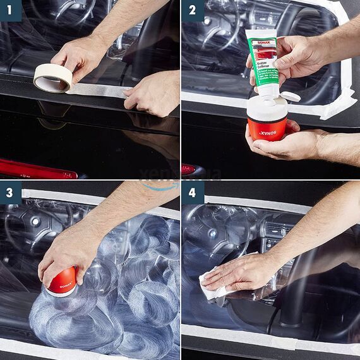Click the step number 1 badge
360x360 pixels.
pyautogui.click(x=11, y=11)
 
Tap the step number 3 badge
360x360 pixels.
pyautogui.click(x=11, y=193)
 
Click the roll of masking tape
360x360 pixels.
pyautogui.click(x=52, y=78)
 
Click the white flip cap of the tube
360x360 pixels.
pyautogui.click(x=289, y=96)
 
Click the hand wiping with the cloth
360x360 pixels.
pyautogui.click(x=246, y=272)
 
